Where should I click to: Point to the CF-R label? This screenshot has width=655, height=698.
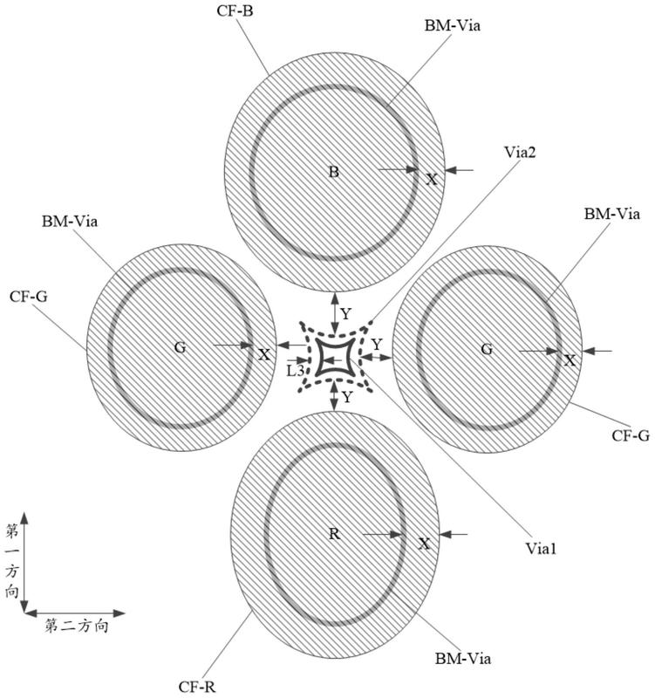pyautogui.click(x=199, y=687)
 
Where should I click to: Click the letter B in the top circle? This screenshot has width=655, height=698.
pyautogui.click(x=332, y=171)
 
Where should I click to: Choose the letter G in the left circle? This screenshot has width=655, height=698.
pyautogui.click(x=180, y=347)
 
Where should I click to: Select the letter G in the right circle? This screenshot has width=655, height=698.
pyautogui.click(x=487, y=350)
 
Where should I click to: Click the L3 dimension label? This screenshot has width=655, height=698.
pyautogui.click(x=296, y=370)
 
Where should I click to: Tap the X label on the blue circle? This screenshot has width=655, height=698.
pyautogui.click(x=431, y=179)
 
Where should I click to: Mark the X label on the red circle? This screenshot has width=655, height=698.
pyautogui.click(x=425, y=544)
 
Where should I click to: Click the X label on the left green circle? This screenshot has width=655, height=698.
pyautogui.click(x=263, y=354)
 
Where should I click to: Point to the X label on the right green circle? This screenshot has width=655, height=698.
pyautogui.click(x=570, y=359)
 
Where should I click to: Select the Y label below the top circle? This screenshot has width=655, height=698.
pyautogui.click(x=346, y=312)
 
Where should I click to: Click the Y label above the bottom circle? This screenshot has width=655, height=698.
pyautogui.click(x=346, y=398)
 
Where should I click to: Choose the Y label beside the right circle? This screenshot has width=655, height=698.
pyautogui.click(x=377, y=345)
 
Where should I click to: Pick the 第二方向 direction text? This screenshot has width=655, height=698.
pyautogui.click(x=76, y=626)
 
